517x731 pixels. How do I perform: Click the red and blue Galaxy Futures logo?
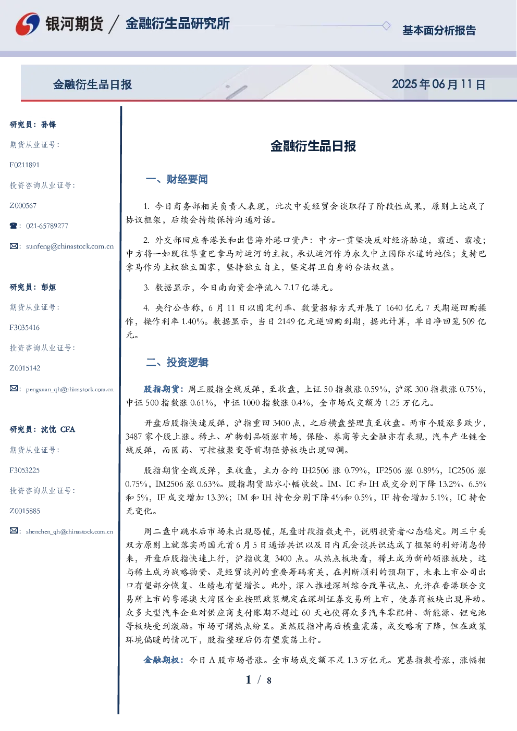pyautogui.click(x=28, y=24)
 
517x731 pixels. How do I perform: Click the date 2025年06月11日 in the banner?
pyautogui.click(x=438, y=84)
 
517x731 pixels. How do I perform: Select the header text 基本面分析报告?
pyautogui.click(x=439, y=30)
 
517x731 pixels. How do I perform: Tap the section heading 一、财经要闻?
pyautogui.click(x=177, y=179)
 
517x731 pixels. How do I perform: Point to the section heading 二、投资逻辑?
pyautogui.click(x=177, y=362)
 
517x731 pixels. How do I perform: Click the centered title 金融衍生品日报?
pyautogui.click(x=313, y=146)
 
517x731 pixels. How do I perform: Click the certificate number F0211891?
pyautogui.click(x=24, y=165)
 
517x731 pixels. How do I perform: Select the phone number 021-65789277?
pyautogui.click(x=47, y=226)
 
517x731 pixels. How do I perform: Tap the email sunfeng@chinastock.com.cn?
pyautogui.click(x=70, y=246)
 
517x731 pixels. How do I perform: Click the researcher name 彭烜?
pyautogui.click(x=48, y=287)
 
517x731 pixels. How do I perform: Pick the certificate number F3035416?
pyautogui.click(x=24, y=328)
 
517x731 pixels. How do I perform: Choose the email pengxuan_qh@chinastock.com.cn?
pyautogui.click(x=69, y=389)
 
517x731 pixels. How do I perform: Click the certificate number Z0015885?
pyautogui.click(x=25, y=511)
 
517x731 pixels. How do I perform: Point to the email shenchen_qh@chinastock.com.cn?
pyautogui.click(x=69, y=531)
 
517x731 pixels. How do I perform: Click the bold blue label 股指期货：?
pyautogui.click(x=165, y=389)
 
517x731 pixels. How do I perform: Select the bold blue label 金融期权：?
pyautogui.click(x=165, y=660)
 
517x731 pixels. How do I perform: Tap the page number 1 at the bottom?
pyautogui.click(x=249, y=680)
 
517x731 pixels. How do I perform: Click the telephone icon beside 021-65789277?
pyautogui.click(x=14, y=226)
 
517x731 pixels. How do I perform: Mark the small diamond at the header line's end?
pyautogui.click(x=386, y=26)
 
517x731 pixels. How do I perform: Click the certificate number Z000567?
pyautogui.click(x=23, y=206)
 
